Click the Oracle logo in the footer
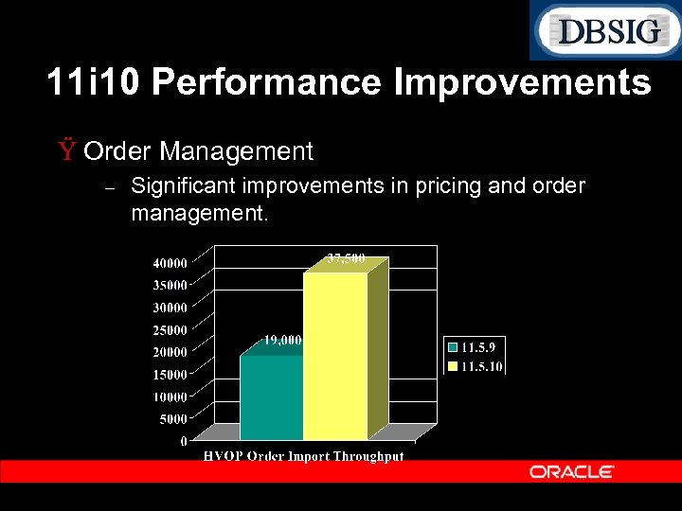[571, 471]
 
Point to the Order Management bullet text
[204, 150]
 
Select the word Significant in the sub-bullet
[181, 185]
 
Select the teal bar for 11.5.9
[271, 397]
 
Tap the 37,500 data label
[346, 257]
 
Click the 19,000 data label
[282, 340]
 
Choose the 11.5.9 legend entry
[475, 348]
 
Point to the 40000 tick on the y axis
[170, 262]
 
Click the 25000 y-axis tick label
[170, 329]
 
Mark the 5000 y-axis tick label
[173, 418]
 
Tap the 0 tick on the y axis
[183, 441]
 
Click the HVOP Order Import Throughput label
[304, 456]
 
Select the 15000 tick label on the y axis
[170, 374]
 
